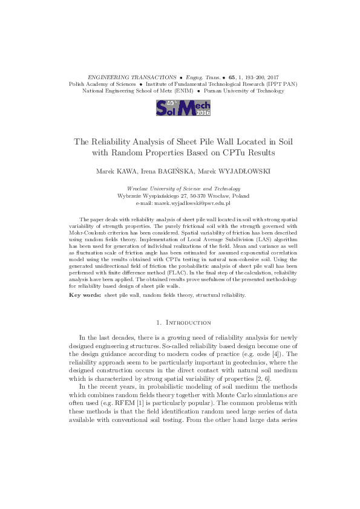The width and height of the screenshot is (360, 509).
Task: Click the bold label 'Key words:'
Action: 83,294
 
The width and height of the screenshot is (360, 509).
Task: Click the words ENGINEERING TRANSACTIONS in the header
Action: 131,78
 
